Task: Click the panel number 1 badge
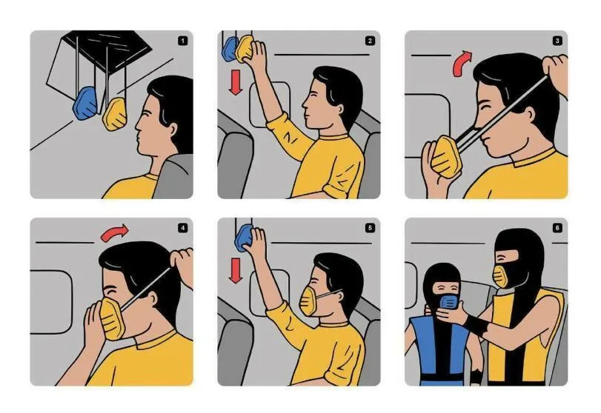pyautogui.click(x=183, y=41)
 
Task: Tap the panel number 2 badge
pyautogui.click(x=370, y=41)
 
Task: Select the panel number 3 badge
pyautogui.click(x=557, y=41)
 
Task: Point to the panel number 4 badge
pyautogui.click(x=183, y=228)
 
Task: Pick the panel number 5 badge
pyautogui.click(x=370, y=228)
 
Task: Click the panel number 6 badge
pyautogui.click(x=557, y=228)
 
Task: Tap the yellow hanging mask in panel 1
pyautogui.click(x=115, y=114)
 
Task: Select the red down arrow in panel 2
pyautogui.click(x=236, y=82)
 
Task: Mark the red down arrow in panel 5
pyautogui.click(x=236, y=270)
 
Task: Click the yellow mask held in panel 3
pyautogui.click(x=444, y=157)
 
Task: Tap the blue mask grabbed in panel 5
pyautogui.click(x=244, y=238)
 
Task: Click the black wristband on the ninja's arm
pyautogui.click(x=477, y=326)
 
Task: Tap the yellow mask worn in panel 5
pyautogui.click(x=308, y=300)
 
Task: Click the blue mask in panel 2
pyautogui.click(x=229, y=50)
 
